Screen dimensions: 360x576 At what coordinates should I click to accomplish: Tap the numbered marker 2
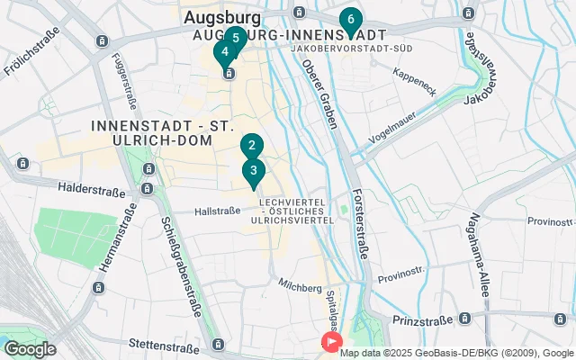(252, 146)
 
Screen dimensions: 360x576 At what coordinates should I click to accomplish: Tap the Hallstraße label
(219, 211)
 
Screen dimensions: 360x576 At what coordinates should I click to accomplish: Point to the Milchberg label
(300, 286)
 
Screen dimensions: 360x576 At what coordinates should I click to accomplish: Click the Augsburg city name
(222, 17)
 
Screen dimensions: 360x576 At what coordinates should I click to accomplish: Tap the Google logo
(30, 349)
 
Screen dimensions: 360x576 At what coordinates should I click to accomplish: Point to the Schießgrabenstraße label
(180, 267)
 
